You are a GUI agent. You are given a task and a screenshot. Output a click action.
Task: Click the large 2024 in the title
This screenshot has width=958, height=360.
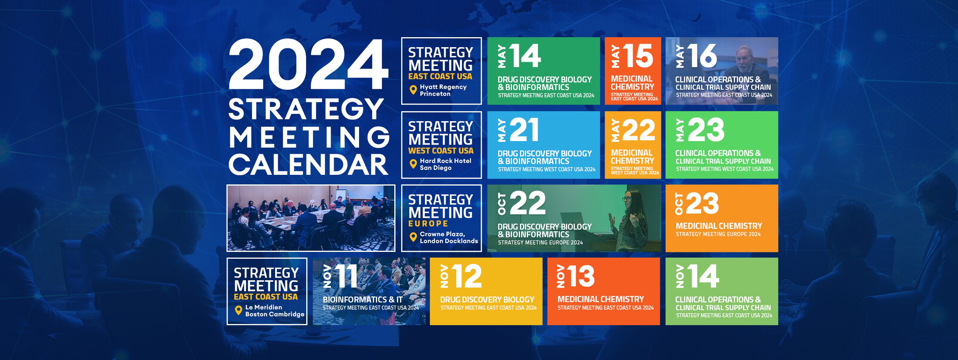(x=308, y=65)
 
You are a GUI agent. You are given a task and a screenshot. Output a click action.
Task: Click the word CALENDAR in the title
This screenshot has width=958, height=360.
(x=308, y=164)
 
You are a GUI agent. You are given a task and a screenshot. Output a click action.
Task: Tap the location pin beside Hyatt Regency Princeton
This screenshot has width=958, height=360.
(x=413, y=90)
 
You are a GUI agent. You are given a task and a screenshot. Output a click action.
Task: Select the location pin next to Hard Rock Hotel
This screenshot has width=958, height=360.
(x=413, y=164)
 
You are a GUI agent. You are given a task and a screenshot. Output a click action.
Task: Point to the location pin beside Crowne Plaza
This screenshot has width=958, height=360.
(x=413, y=237)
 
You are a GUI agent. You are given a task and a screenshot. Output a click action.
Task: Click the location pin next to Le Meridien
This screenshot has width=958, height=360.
(x=238, y=310)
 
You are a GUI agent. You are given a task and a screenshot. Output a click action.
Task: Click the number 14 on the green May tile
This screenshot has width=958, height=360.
(x=525, y=56)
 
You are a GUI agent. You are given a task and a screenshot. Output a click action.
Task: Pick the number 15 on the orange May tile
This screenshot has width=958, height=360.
(x=638, y=56)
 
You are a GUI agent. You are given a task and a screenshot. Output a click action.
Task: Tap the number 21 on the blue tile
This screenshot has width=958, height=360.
(x=524, y=130)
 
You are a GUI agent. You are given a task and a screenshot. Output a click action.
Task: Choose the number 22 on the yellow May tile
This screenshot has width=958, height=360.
(x=638, y=130)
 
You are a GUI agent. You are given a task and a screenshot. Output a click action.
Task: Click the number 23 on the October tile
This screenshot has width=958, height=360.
(x=702, y=203)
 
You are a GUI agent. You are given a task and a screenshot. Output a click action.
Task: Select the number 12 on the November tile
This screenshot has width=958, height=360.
(x=467, y=276)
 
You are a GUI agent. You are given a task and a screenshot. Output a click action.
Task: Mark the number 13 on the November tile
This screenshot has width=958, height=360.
(x=581, y=276)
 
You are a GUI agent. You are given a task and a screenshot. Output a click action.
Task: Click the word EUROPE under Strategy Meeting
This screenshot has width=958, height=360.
(x=428, y=224)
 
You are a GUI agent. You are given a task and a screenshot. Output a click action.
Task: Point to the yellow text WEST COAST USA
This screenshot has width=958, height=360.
(x=441, y=151)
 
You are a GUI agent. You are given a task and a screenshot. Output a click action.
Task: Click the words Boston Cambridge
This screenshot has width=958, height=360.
(x=275, y=314)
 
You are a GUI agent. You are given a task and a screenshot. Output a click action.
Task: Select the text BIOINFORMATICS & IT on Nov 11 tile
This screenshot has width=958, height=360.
(x=363, y=300)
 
